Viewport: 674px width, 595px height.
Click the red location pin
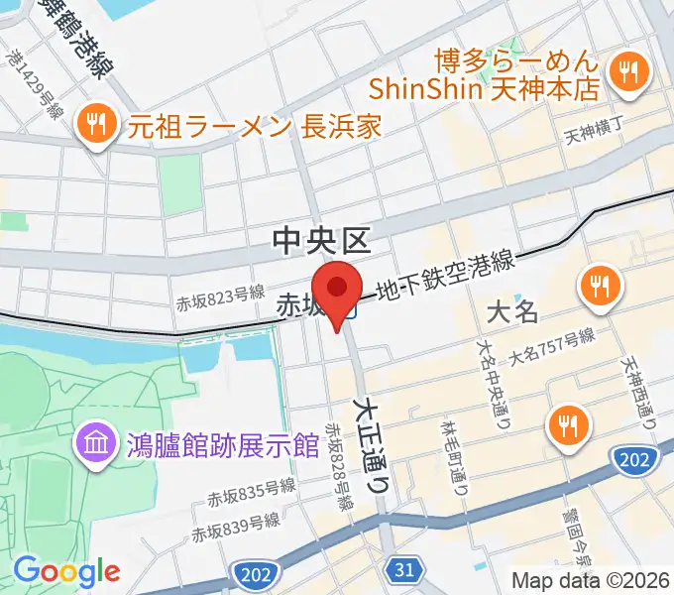[338, 290]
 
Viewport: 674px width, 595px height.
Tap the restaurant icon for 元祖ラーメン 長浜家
[96, 125]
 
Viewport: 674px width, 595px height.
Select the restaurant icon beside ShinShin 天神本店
[627, 70]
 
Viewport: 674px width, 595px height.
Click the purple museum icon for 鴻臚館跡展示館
[97, 440]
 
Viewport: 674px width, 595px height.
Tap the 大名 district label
[513, 312]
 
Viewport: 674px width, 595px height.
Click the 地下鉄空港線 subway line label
[446, 278]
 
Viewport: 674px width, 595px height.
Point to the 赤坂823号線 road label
[222, 295]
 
